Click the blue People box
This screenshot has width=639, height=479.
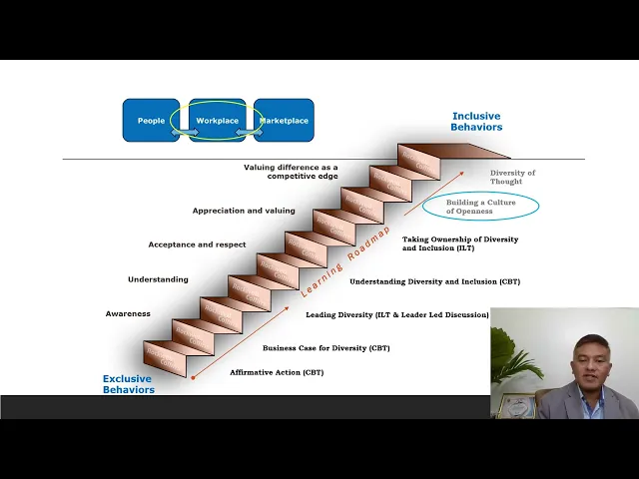151,121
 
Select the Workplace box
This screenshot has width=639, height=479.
218,121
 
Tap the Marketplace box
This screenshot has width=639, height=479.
285,121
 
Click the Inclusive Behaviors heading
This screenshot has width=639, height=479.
476,122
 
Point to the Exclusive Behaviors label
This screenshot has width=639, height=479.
128,384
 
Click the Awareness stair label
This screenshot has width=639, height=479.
128,314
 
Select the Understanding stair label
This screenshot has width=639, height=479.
158,279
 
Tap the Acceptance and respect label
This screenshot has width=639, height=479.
197,244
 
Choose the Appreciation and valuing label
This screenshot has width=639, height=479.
244,211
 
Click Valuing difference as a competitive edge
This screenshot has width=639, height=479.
291,172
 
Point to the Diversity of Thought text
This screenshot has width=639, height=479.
512,177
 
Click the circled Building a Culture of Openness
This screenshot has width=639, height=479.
480,207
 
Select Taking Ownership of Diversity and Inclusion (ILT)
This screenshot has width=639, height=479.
460,243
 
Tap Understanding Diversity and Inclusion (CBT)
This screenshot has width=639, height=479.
434,281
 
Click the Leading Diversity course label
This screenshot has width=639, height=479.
397,315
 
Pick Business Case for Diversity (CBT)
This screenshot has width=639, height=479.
325,348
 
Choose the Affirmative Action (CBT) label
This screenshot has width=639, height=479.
277,372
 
